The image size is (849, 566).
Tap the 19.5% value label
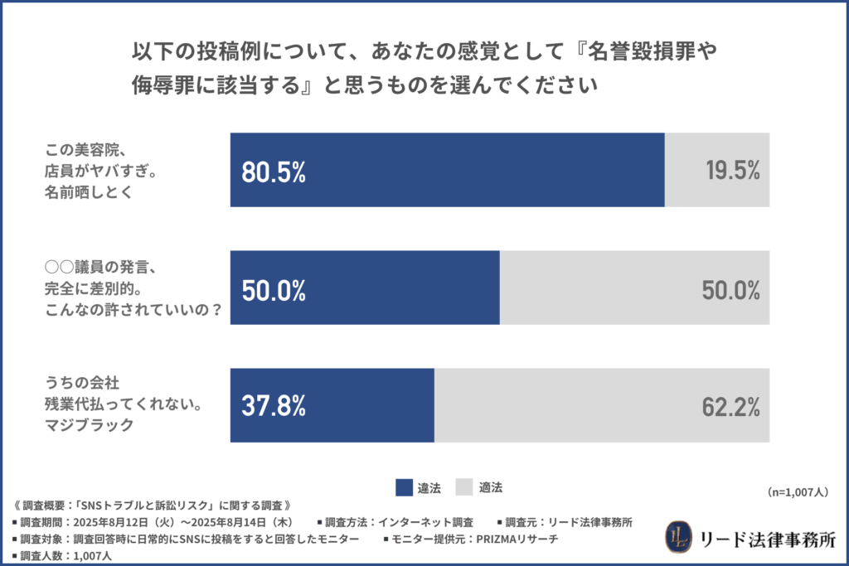pyautogui.click(x=733, y=172)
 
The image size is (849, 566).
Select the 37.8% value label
pyautogui.click(x=274, y=406)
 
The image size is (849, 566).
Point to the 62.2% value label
pyautogui.click(x=733, y=406)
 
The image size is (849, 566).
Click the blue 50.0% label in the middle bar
pyautogui.click(x=274, y=290)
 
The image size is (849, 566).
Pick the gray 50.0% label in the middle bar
pyautogui.click(x=733, y=290)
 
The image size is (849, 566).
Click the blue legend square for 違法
pyautogui.click(x=404, y=487)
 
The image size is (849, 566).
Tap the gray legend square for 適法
pyautogui.click(x=465, y=487)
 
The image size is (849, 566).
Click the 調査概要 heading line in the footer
pyautogui.click(x=153, y=506)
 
